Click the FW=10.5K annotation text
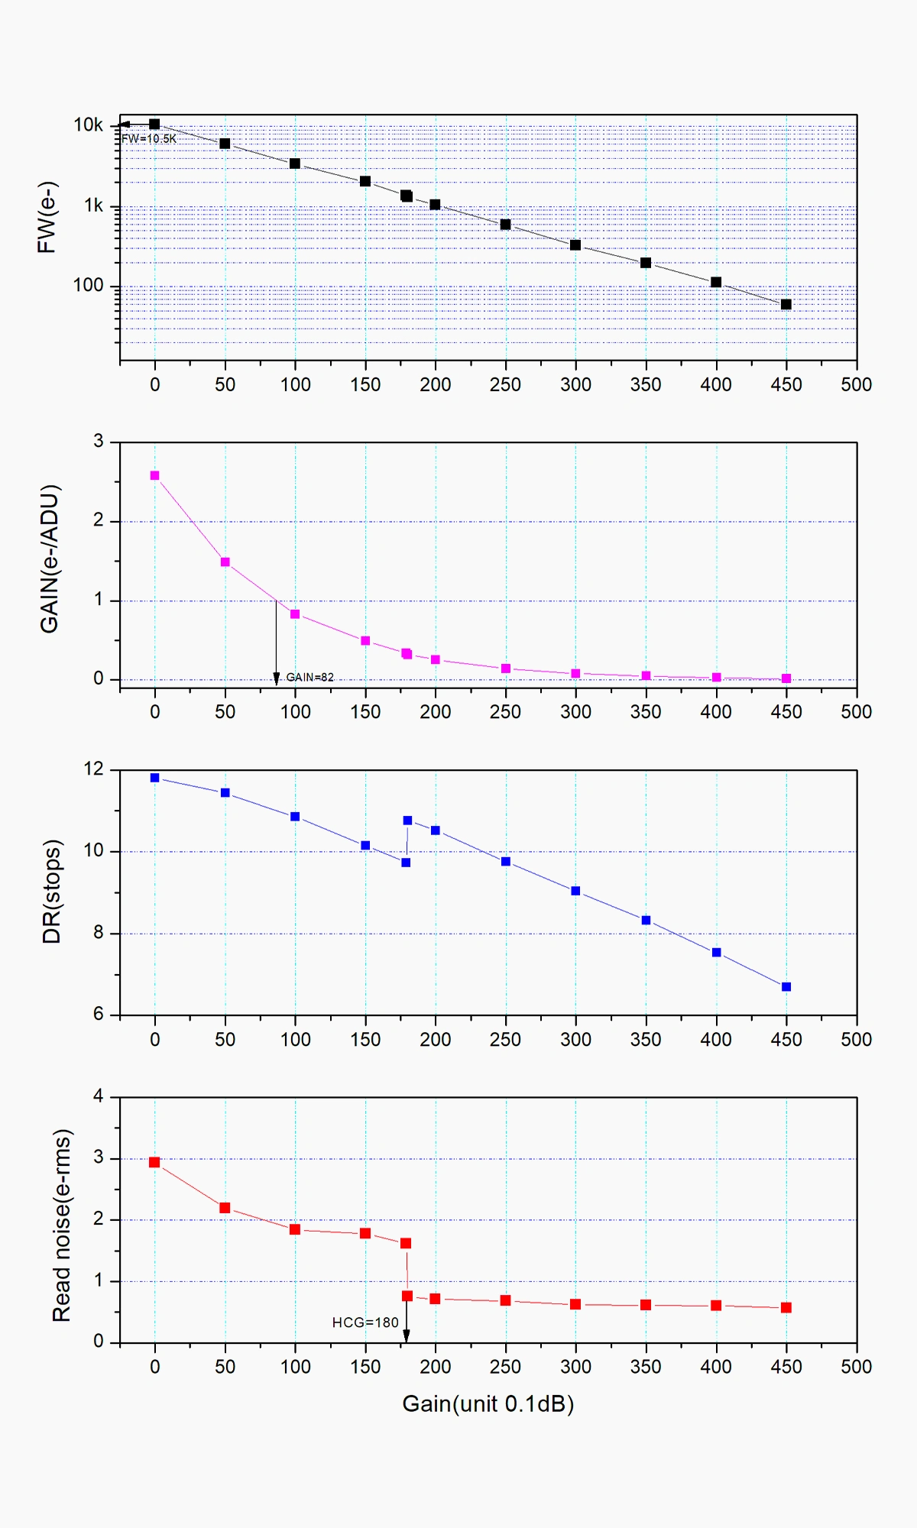[149, 139]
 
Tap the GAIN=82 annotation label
[309, 678]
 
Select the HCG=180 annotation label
[365, 1322]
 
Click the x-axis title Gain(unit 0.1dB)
[488, 1404]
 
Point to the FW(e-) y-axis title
[47, 217]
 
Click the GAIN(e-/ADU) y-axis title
[49, 558]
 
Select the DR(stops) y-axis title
[51, 892]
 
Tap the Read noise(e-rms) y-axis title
[61, 1225]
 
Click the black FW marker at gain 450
[786, 305]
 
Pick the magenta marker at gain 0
[155, 475]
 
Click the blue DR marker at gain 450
[786, 987]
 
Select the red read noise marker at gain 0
[154, 1162]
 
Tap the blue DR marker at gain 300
[575, 891]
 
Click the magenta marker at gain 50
[225, 562]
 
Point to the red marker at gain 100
[295, 1229]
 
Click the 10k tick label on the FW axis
[88, 125]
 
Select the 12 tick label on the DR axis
[93, 769]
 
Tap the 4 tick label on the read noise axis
[98, 1096]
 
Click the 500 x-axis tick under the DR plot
[856, 1039]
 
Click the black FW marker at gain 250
[505, 225]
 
